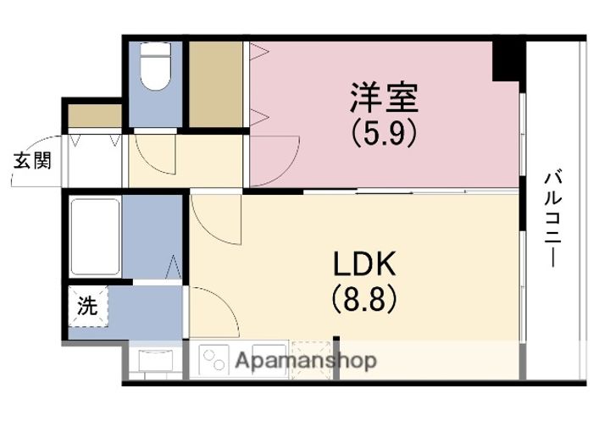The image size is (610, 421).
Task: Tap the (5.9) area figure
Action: tap(384, 133)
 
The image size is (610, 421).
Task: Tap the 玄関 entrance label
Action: tap(30, 158)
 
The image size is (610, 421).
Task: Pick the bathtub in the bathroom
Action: tap(94, 236)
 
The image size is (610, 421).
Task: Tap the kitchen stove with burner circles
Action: tap(217, 359)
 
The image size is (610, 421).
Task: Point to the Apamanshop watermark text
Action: tap(305, 361)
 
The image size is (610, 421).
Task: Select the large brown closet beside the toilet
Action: tap(215, 83)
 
